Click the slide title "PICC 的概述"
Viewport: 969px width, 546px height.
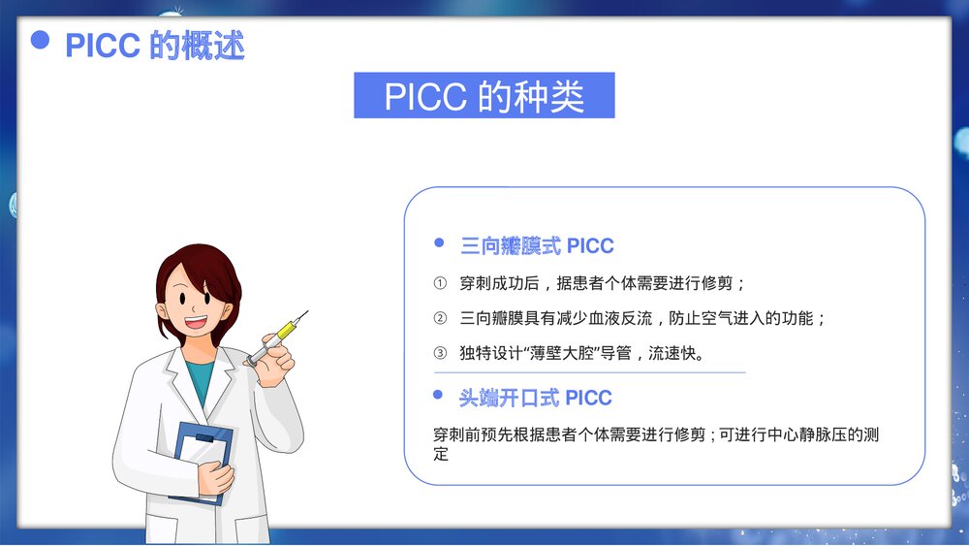click(x=154, y=46)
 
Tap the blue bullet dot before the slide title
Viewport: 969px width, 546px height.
click(x=40, y=40)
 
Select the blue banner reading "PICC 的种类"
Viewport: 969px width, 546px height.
click(x=484, y=96)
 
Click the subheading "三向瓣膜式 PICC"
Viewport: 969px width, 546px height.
click(x=536, y=246)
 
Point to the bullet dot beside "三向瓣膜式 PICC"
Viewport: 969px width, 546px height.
click(x=439, y=243)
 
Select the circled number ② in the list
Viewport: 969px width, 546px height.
click(x=440, y=318)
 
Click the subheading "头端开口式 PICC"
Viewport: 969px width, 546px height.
click(x=535, y=398)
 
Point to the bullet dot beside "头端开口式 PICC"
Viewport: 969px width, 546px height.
click(x=439, y=395)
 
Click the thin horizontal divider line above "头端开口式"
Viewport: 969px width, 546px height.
click(x=589, y=372)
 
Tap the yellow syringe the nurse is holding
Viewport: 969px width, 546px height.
click(x=283, y=331)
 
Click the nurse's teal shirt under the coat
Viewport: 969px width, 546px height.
click(x=200, y=380)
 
